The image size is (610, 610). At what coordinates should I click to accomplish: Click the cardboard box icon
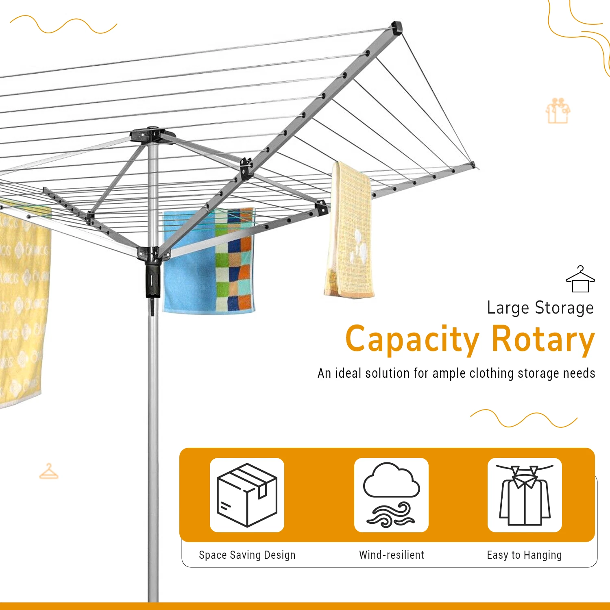click(x=247, y=495)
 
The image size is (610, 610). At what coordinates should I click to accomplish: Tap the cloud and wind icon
click(x=391, y=495)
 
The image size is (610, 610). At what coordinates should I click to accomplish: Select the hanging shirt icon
click(x=525, y=495)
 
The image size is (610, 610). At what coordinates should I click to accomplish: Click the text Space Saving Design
click(x=247, y=555)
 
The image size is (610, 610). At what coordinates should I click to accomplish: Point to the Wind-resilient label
click(x=392, y=555)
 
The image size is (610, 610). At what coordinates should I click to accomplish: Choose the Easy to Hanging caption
click(x=524, y=556)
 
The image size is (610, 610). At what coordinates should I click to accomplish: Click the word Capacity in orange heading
click(x=413, y=340)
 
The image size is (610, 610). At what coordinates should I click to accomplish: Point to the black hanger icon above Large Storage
click(x=580, y=279)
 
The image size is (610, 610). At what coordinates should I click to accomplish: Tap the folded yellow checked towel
click(x=349, y=230)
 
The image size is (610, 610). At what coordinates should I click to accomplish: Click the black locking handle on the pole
click(x=153, y=281)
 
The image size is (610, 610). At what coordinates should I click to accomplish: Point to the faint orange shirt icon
click(x=558, y=111)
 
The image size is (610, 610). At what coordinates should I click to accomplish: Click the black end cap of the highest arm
click(x=396, y=28)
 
